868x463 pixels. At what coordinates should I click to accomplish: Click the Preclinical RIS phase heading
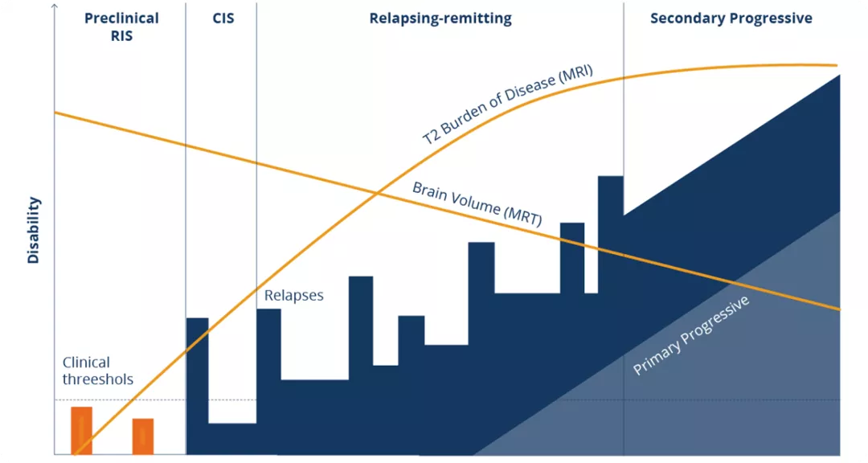point(121,27)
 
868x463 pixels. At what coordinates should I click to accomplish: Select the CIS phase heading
point(223,18)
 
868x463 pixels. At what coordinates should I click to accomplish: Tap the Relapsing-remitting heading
point(440,18)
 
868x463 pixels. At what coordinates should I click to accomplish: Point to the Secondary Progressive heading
point(731,18)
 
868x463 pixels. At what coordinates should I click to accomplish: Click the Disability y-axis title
point(34,231)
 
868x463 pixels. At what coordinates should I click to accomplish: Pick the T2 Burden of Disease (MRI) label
point(508,104)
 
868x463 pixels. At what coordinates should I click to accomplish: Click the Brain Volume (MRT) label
point(476,205)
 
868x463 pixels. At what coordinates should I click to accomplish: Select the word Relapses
point(294,296)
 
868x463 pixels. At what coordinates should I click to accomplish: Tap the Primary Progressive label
point(691,336)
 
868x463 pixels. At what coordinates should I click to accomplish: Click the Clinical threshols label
point(98,371)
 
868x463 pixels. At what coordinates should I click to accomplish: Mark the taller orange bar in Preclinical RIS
point(82,431)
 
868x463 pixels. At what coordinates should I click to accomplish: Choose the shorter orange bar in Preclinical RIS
point(143,436)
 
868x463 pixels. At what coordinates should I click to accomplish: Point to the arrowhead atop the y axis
point(54,6)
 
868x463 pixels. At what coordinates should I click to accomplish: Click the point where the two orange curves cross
point(377,191)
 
